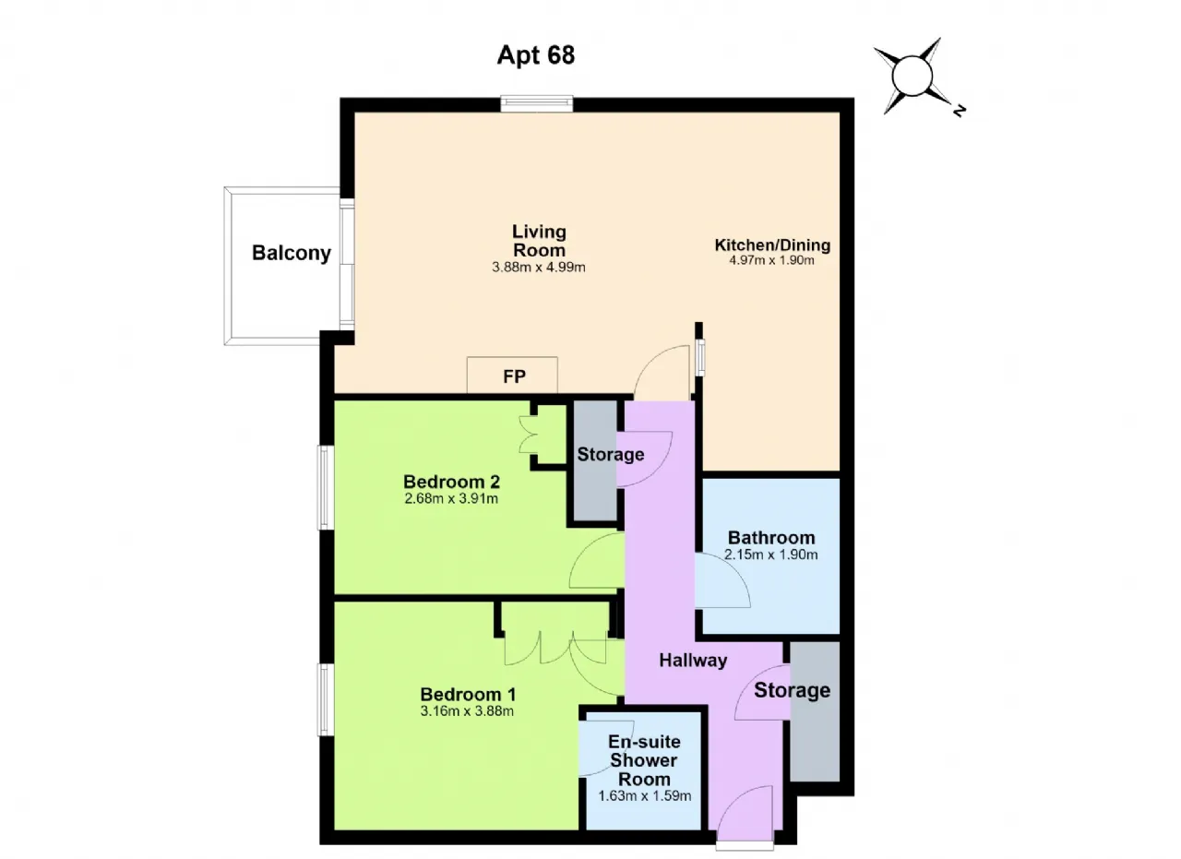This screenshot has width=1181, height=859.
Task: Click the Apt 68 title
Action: coord(536,54)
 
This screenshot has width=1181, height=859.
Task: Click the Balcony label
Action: coord(292,253)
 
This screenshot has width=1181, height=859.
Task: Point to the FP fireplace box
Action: coord(512,375)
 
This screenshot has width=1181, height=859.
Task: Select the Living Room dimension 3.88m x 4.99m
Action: coord(538,268)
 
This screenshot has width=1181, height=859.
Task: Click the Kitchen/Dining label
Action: coord(772,245)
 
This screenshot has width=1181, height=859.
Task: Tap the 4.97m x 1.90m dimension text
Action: coord(772,260)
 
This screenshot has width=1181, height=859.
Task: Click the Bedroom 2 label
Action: coord(451,482)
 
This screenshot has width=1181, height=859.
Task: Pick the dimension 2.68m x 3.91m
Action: coord(451,498)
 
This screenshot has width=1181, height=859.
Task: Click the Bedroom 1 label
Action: coord(468,695)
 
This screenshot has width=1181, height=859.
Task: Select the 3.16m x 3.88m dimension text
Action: coord(467,711)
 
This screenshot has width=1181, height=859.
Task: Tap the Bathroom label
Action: coord(771,538)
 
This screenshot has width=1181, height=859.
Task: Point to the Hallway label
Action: coord(693,661)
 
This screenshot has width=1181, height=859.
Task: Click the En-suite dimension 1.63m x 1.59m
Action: coord(644,795)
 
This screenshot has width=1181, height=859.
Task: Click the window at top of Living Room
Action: coord(537,103)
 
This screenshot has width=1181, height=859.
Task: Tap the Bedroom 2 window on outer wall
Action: coord(326,487)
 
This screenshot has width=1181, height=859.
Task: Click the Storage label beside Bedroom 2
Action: coord(611,455)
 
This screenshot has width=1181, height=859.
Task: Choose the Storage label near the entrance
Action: coord(792,690)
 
